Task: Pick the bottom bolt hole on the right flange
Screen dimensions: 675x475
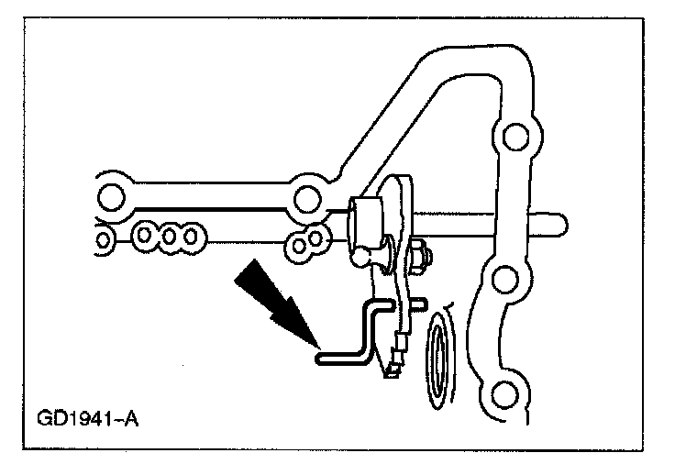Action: (501, 396)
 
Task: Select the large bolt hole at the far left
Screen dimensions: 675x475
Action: (112, 196)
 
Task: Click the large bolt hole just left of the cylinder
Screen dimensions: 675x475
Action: (304, 198)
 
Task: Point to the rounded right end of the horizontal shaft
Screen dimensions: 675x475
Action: (561, 222)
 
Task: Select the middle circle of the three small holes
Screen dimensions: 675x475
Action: (169, 237)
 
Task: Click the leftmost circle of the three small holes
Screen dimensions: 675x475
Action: (145, 237)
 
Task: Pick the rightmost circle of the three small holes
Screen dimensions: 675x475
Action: (191, 237)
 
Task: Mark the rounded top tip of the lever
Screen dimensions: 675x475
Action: (404, 181)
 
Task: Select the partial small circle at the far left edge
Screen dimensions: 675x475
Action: (104, 241)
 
